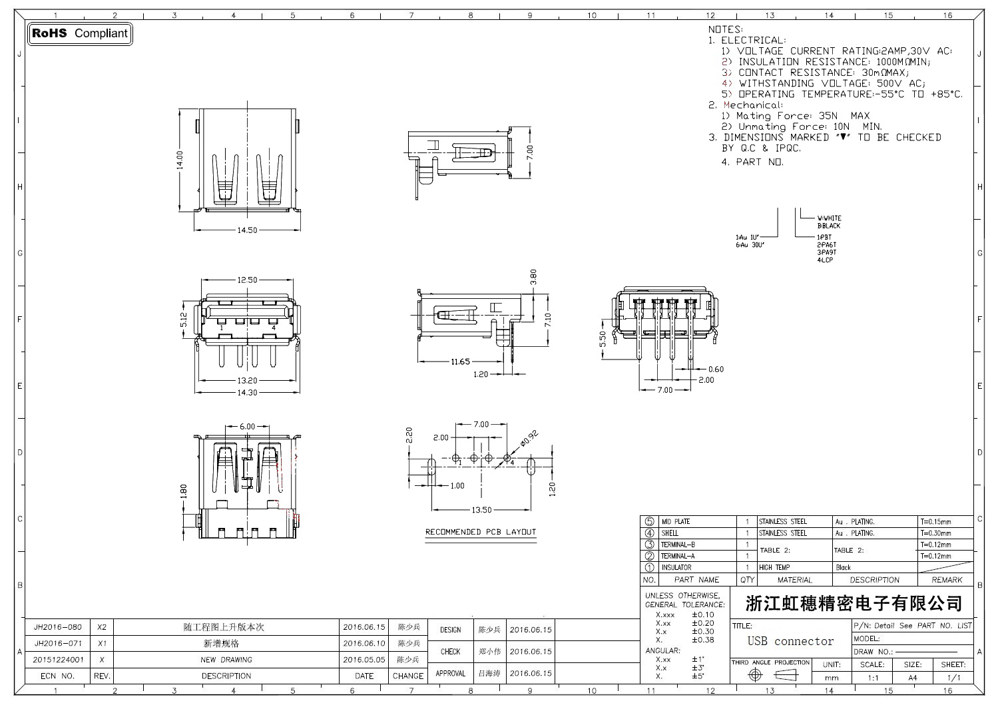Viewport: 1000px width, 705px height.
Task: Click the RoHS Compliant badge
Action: pos(80,33)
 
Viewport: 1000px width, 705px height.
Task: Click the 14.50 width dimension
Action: pos(246,230)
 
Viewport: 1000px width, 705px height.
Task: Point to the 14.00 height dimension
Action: pos(179,160)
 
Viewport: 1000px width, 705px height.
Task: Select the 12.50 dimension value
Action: pos(246,280)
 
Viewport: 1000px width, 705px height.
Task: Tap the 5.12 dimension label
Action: pos(184,320)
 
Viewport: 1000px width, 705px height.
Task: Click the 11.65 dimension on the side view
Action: pos(460,361)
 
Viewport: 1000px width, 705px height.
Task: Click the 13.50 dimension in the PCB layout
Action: pos(481,510)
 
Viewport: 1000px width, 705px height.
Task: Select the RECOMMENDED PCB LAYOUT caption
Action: pos(481,532)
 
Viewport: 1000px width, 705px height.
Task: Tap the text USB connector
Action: pos(790,641)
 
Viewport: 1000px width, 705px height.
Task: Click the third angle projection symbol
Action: pos(771,675)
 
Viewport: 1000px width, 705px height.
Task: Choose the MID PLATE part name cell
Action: pos(675,522)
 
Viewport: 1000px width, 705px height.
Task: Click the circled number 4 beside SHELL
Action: pos(650,533)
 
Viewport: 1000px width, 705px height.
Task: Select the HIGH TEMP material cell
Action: pos(774,568)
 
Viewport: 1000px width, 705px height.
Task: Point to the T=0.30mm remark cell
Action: pos(936,533)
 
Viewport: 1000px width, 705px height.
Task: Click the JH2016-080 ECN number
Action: pos(58,627)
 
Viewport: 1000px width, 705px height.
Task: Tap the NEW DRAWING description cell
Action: pos(226,660)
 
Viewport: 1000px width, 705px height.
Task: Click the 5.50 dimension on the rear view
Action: pos(603,340)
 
